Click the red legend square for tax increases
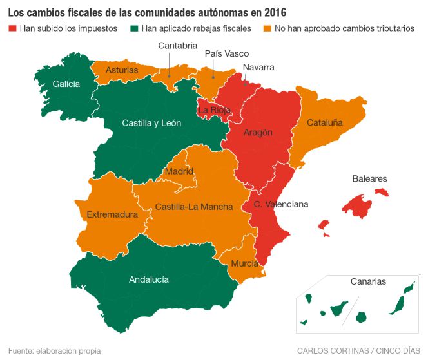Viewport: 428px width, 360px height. pos(12,29)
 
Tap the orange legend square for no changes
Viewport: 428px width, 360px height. pos(268,29)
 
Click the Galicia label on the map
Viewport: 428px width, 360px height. pos(66,84)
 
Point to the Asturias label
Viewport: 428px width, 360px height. pos(122,70)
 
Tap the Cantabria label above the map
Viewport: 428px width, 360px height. pos(177,45)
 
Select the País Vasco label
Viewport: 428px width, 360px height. pos(226,54)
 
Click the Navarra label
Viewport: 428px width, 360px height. pos(258,67)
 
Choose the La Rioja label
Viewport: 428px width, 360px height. pos(213,110)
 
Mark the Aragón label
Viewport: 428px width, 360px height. pos(258,132)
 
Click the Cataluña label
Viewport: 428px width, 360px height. pos(324,122)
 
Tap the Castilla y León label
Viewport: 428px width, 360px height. pos(151,123)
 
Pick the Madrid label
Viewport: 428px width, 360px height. pos(179,171)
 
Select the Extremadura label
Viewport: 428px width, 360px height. pos(112,214)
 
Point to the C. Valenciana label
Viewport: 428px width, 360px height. pos(281,204)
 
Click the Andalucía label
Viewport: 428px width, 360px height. pos(149,279)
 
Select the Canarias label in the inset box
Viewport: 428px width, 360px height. pos(368,281)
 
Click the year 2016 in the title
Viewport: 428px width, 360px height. pos(274,12)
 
